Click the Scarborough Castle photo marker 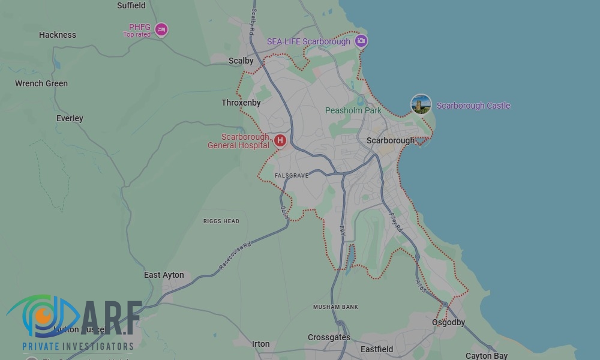[x=421, y=104]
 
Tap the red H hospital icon [x=280, y=141]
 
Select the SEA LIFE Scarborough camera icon [x=361, y=41]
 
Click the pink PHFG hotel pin [x=161, y=29]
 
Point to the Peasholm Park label [x=353, y=110]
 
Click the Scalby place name [x=241, y=61]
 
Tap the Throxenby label [x=241, y=103]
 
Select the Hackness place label [x=58, y=35]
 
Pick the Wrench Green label [x=41, y=83]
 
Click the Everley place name [x=70, y=118]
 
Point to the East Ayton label [x=164, y=275]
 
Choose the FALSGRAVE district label [x=292, y=175]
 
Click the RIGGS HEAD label [x=221, y=221]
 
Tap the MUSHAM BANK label [x=335, y=307]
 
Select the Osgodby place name [x=449, y=322]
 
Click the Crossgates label [x=329, y=337]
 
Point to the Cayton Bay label [x=487, y=356]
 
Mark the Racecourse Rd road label [x=235, y=255]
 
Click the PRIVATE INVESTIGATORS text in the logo [x=78, y=346]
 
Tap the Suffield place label [x=131, y=5]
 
